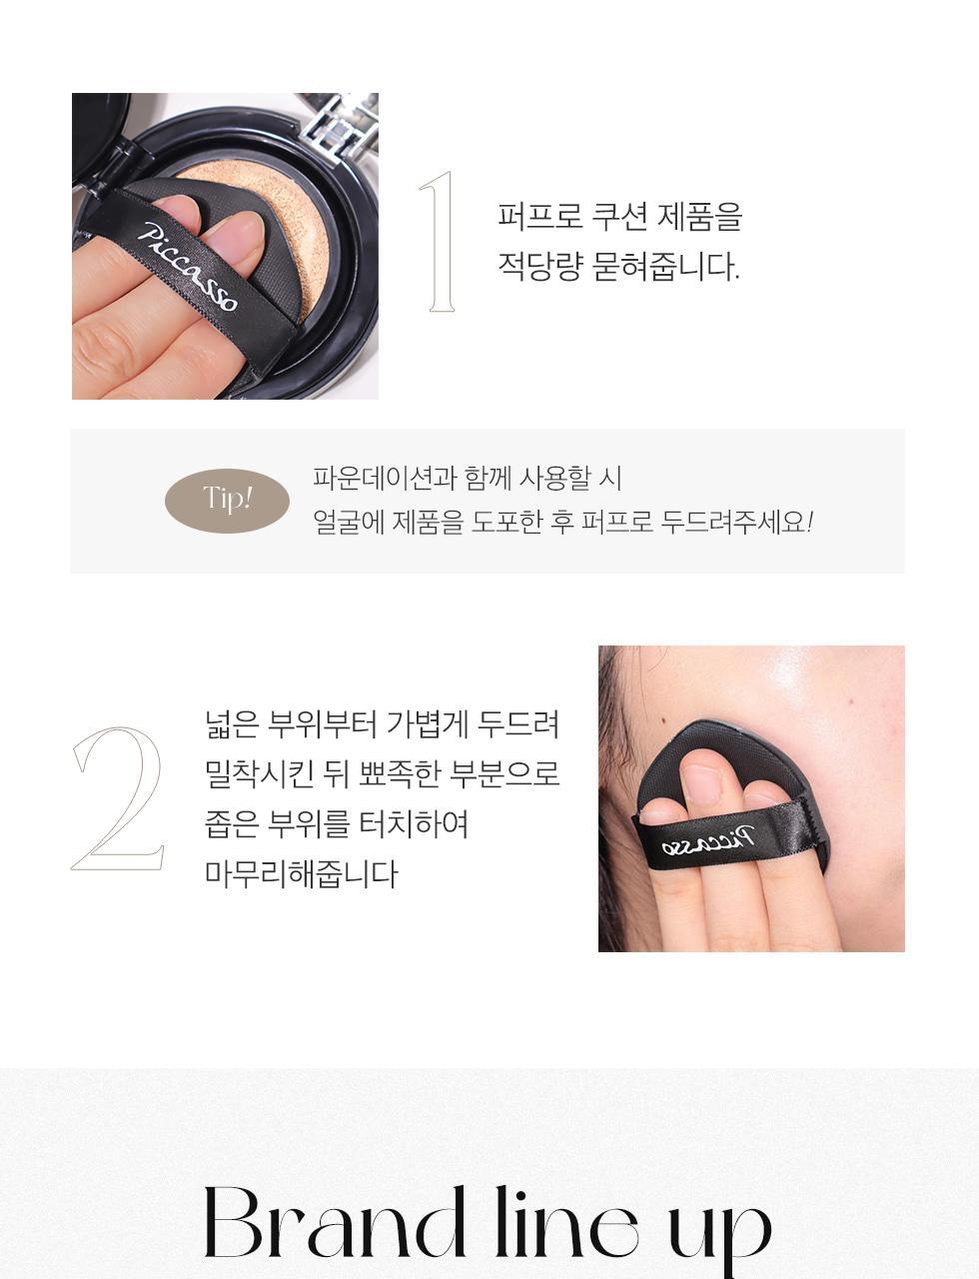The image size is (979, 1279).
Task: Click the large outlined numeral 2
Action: click(118, 799)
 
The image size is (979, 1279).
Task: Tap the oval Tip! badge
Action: click(227, 499)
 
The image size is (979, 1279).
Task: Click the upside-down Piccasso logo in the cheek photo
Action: click(710, 840)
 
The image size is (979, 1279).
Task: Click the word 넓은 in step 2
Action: click(232, 723)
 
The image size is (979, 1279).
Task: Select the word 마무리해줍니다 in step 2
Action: click(301, 873)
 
